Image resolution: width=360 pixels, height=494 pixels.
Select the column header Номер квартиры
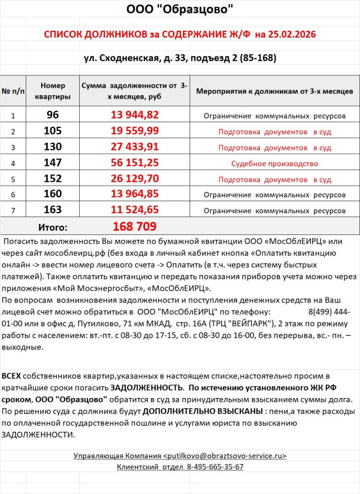tap(53, 91)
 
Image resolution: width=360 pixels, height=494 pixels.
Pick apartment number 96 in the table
tap(53, 115)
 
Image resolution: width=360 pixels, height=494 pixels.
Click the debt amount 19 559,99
tap(135, 131)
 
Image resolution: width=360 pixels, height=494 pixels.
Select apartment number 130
tap(53, 147)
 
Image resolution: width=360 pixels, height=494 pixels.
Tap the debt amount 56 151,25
tap(135, 163)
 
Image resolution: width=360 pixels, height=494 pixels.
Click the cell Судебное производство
tap(275, 164)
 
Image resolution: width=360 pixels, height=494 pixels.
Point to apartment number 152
tap(53, 178)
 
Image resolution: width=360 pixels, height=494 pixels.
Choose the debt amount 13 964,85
tap(135, 194)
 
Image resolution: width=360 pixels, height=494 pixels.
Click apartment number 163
tap(53, 209)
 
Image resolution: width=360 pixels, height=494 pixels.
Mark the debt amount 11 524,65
tap(135, 210)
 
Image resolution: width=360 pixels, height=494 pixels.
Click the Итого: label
tap(53, 227)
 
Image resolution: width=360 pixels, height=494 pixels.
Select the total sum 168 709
tap(135, 226)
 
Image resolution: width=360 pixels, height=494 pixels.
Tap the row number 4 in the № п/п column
tap(13, 163)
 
